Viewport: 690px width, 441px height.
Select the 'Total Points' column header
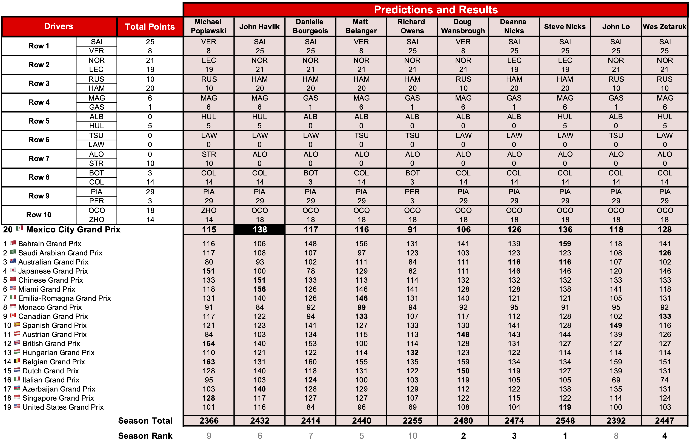150,27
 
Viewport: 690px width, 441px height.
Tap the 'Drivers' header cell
59,26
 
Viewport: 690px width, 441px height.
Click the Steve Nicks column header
565,27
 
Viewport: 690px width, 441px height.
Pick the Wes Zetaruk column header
665,27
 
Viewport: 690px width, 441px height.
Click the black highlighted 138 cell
259,230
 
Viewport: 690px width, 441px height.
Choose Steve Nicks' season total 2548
565,421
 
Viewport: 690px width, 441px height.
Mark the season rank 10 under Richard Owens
412,436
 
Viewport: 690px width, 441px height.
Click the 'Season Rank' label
145,436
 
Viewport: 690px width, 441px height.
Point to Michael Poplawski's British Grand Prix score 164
209,343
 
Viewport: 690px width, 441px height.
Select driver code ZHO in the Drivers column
96,220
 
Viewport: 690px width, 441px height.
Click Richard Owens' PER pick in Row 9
412,192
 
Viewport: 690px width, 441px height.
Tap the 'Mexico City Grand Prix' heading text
73,230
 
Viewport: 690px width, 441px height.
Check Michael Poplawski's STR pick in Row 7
209,154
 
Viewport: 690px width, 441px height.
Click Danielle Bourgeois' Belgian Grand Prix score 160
311,362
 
